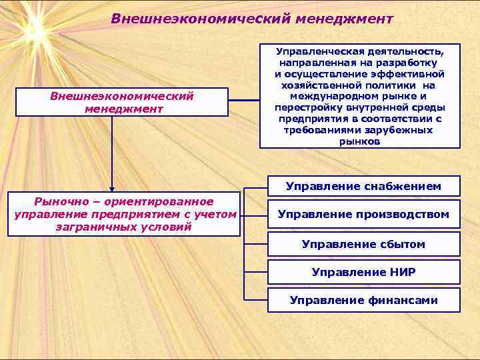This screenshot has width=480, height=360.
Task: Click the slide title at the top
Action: [252, 19]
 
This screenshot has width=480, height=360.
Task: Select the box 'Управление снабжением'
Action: [363, 186]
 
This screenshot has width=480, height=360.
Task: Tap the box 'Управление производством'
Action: [363, 214]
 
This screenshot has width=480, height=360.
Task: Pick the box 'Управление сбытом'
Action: [363, 244]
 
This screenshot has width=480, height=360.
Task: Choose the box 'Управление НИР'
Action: [363, 272]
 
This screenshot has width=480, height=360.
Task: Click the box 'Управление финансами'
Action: [363, 300]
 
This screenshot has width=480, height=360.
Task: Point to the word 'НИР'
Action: [401, 272]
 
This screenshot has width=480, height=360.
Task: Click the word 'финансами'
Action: [403, 300]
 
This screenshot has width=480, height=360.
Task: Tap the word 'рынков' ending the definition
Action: [359, 142]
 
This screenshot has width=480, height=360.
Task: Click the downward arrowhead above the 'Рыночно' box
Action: [112, 189]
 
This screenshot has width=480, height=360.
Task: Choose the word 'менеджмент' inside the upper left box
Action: [123, 108]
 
